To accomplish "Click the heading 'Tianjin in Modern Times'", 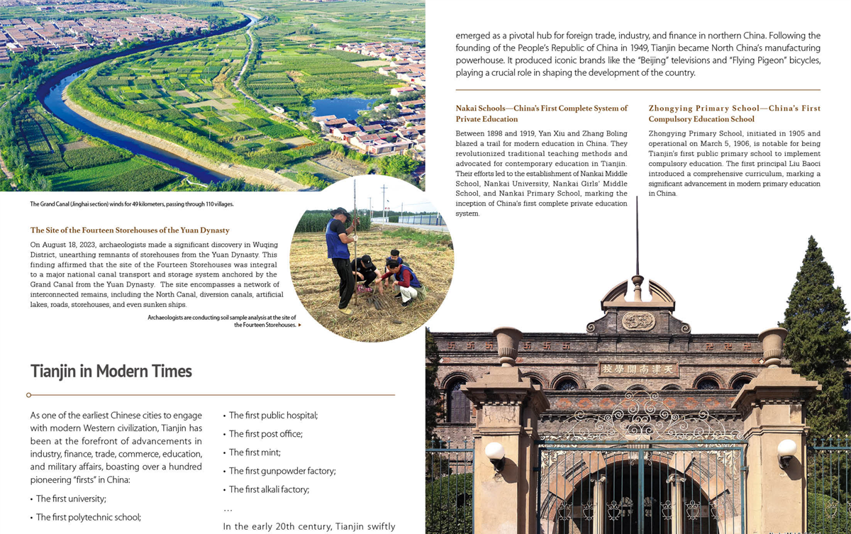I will [x=111, y=371].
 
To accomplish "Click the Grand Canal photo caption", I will [x=132, y=204].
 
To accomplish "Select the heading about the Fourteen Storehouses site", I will [x=130, y=230].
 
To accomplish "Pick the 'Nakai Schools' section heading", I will [x=542, y=113].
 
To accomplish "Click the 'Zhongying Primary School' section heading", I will [x=734, y=113].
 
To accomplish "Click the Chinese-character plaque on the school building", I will [x=638, y=369].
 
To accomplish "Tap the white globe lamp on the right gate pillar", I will [x=786, y=449].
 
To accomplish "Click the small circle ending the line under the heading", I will [x=28, y=395].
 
